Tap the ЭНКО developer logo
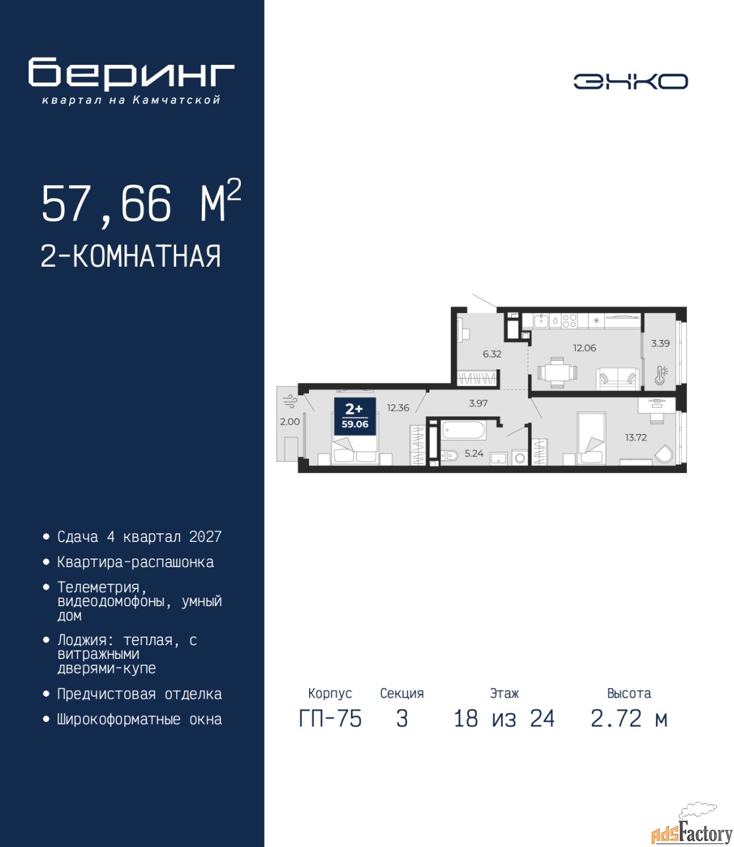pos(630,81)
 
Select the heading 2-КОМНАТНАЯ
pos(131,256)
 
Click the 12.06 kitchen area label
pos(584,348)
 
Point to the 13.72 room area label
pos(635,437)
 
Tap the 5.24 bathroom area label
pos(474,453)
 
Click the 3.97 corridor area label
pos(478,403)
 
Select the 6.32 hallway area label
pos(492,354)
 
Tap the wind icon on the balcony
pos(289,401)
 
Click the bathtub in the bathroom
pos(463,431)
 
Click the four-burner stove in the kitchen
pos(569,320)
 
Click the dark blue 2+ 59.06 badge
pos(355,416)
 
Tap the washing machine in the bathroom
pos(520,457)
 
